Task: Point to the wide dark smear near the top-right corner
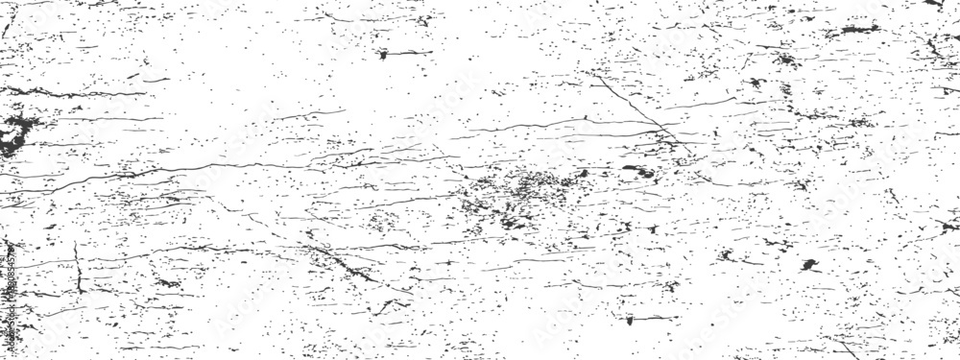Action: [850, 32]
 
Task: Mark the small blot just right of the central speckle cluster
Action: [582, 174]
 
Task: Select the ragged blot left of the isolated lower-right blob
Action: [727, 256]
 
